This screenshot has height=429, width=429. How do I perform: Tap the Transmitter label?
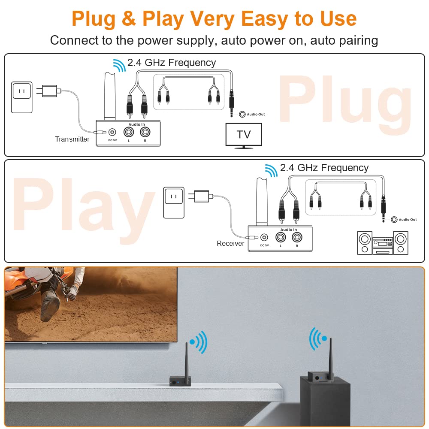(72, 139)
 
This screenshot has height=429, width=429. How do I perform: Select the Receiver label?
(230, 243)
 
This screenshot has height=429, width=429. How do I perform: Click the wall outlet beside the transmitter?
(21, 98)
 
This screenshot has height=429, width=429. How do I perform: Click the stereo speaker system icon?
(383, 243)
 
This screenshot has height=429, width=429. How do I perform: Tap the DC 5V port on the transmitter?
(112, 133)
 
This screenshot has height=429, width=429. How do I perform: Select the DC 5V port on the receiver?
(264, 237)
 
